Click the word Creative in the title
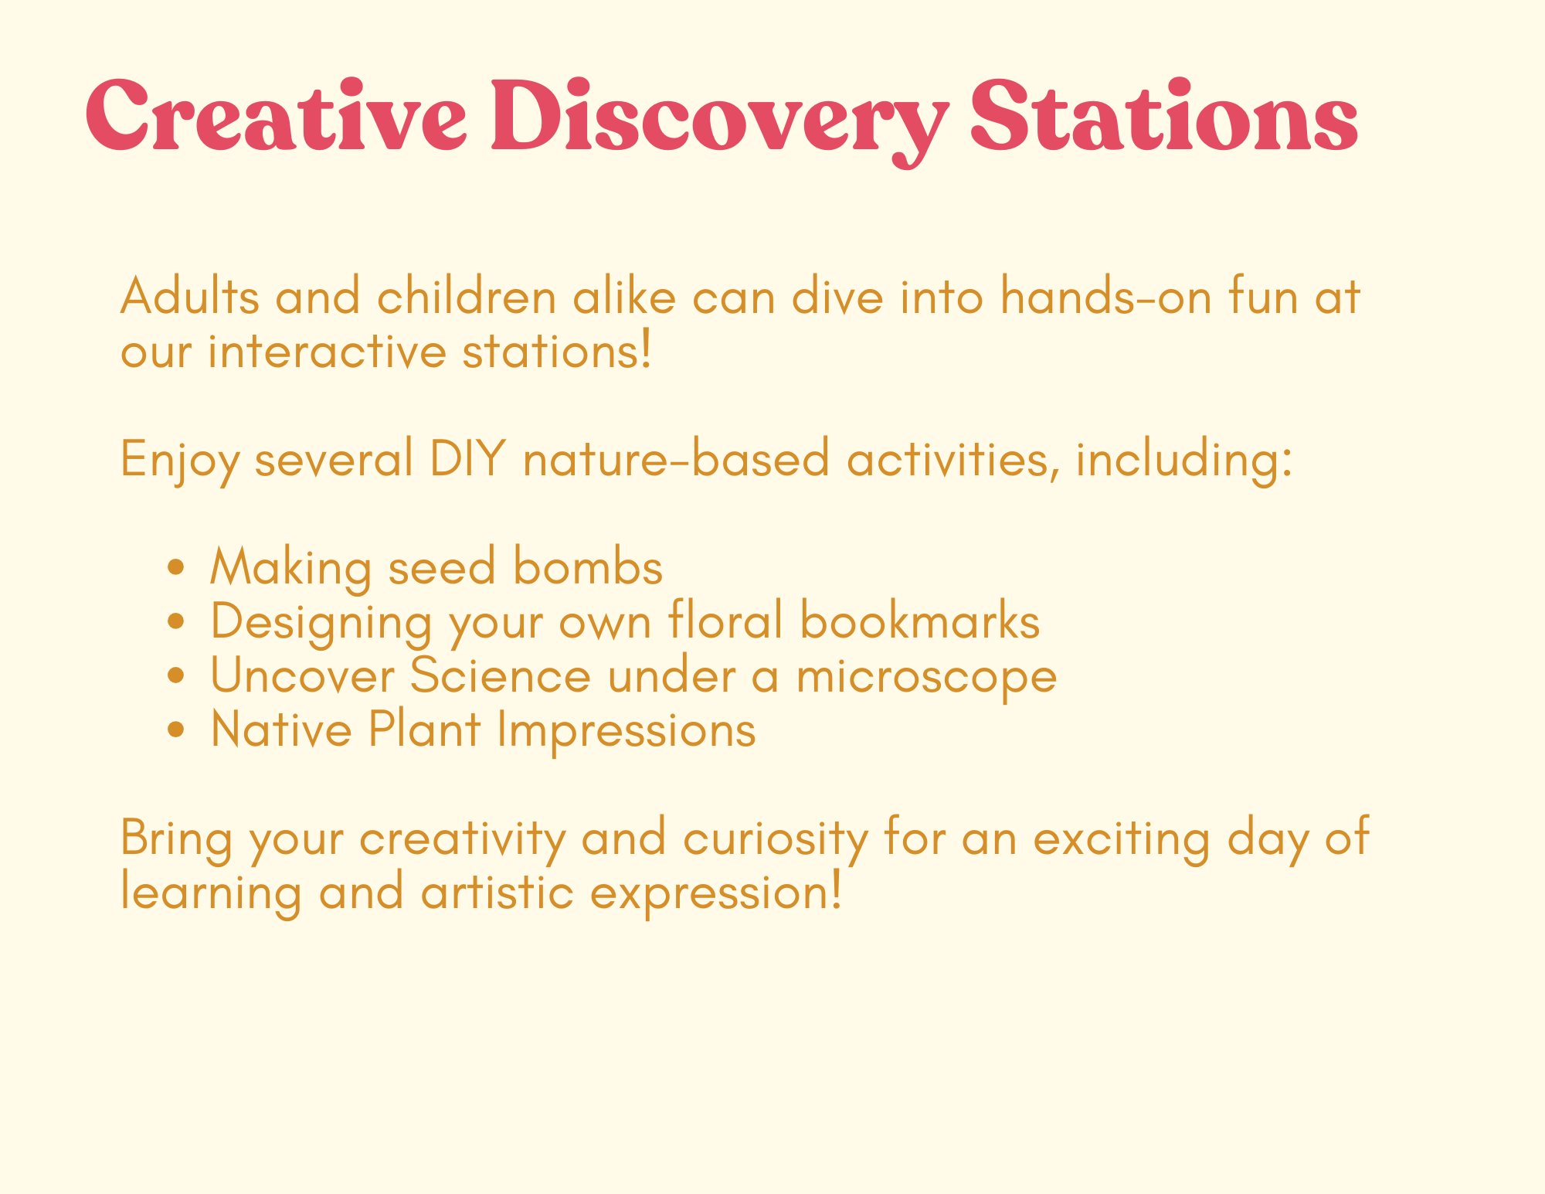[x=276, y=116]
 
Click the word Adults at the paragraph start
[x=190, y=298]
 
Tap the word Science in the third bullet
[x=501, y=676]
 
